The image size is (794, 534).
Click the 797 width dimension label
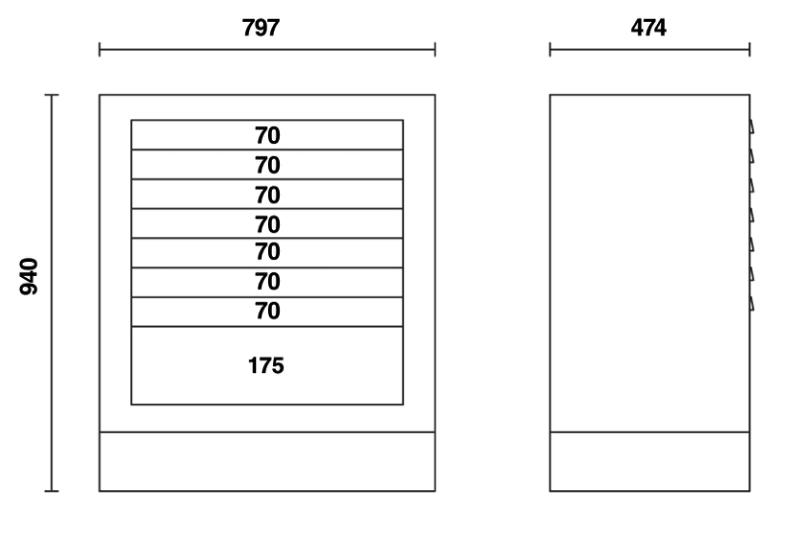pyautogui.click(x=266, y=28)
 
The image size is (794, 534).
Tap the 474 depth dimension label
pyautogui.click(x=649, y=28)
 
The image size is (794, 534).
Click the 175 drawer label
pyautogui.click(x=266, y=365)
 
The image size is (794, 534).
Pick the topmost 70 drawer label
pyautogui.click(x=266, y=135)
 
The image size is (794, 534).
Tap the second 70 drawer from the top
pyautogui.click(x=266, y=165)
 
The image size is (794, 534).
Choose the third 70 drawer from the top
pyautogui.click(x=266, y=195)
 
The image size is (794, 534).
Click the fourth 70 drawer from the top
pyautogui.click(x=266, y=224)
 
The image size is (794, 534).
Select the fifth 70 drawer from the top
pyautogui.click(x=266, y=252)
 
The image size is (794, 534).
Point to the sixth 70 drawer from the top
pyautogui.click(x=266, y=282)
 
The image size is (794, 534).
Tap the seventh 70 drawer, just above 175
pyautogui.click(x=266, y=312)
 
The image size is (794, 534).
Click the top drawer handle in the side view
pyautogui.click(x=752, y=127)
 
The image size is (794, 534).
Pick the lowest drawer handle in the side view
pyautogui.click(x=752, y=302)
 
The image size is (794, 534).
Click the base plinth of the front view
pyautogui.click(x=266, y=462)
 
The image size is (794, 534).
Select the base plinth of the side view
pyautogui.click(x=649, y=462)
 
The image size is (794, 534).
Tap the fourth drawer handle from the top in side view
pyautogui.click(x=752, y=214)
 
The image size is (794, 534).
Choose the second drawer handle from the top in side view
pyautogui.click(x=752, y=156)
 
